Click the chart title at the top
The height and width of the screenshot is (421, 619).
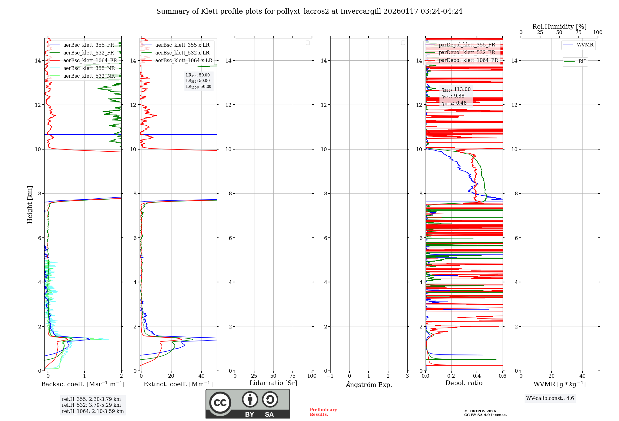309,11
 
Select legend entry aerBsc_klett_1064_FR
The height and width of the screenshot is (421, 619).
90,61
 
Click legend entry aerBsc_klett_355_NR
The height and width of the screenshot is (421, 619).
89,68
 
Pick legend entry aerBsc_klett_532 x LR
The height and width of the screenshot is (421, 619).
182,53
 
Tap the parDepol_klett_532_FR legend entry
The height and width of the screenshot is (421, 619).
467,53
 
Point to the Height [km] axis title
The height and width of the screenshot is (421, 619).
30,205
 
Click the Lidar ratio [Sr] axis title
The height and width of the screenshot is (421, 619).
273,383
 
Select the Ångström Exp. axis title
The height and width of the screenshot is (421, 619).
369,385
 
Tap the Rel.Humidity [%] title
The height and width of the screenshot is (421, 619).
559,27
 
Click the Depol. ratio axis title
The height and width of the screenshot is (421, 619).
464,383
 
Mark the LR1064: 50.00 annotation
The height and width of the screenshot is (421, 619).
199,87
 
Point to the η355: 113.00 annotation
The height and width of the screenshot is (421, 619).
456,89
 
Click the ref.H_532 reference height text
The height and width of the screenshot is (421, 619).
91,405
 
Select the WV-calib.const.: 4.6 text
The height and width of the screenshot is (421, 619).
550,398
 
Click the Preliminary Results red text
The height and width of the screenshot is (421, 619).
323,412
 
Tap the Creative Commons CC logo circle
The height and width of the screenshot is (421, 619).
220,403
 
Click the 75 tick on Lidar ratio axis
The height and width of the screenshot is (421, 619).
293,376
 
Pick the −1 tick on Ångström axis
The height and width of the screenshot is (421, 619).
330,376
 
